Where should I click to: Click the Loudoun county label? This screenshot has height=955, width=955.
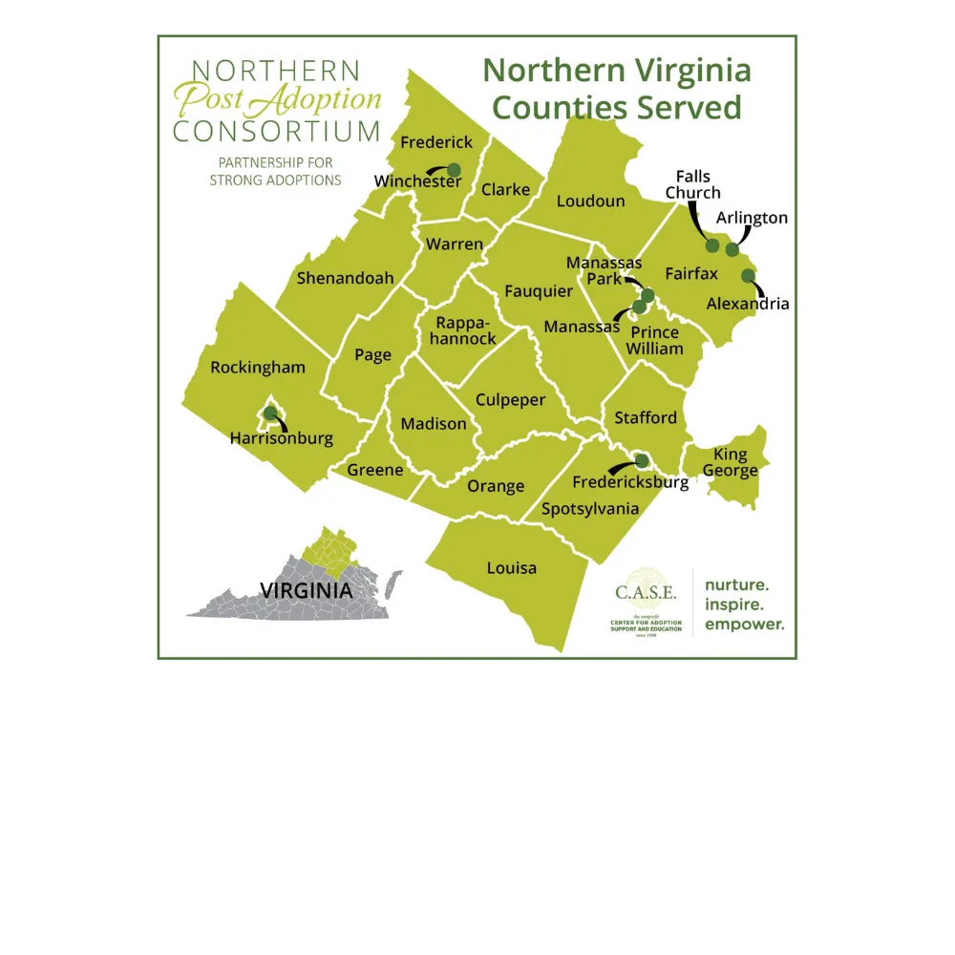590,201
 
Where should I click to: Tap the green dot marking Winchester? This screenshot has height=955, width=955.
454,170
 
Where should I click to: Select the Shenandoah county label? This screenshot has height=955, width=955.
345,279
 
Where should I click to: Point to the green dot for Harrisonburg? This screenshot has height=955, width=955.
270,414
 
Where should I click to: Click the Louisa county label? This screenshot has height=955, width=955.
512,568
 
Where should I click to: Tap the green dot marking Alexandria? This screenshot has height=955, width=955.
748,276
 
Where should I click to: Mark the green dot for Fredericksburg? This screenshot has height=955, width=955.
642,460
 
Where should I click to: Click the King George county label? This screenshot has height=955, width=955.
731,462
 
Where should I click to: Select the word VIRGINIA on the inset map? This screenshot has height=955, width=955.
306,590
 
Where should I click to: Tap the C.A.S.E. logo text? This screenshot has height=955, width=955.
646,592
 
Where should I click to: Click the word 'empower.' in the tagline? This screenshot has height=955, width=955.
744,626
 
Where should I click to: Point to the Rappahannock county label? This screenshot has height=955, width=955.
462,330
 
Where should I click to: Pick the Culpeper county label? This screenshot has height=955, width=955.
510,400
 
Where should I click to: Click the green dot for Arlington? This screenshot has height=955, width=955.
732,249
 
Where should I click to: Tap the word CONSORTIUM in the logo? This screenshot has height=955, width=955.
276,131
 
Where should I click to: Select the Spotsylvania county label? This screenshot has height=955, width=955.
590,508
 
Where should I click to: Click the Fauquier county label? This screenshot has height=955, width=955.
539,290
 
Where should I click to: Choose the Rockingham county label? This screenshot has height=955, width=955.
258,368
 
